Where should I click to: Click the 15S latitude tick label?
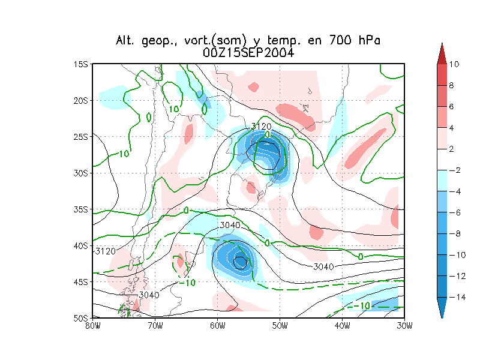81,64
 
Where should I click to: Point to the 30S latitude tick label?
81,173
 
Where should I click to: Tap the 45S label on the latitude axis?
81,281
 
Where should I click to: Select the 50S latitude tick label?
81,317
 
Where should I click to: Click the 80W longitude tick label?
92,326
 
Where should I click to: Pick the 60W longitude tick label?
217,326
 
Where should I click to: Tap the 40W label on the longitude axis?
342,326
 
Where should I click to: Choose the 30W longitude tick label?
404,326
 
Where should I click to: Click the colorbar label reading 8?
454,86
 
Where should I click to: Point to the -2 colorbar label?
455,171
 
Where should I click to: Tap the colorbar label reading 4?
454,128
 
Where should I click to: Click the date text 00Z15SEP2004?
248,53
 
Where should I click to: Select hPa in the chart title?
365,41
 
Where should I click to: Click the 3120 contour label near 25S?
262,126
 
